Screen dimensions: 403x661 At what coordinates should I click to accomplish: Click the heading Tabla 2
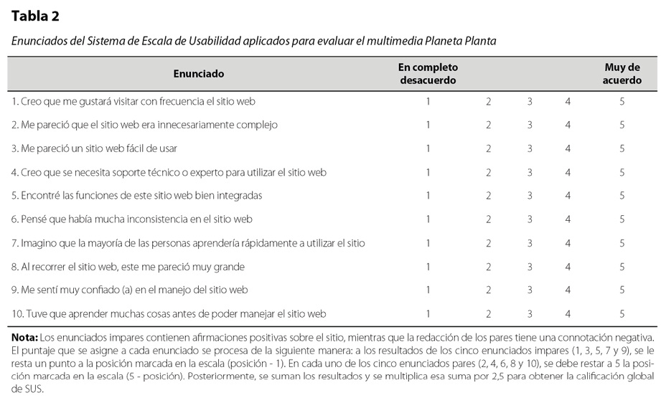click(x=35, y=16)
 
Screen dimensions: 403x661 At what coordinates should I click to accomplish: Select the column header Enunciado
click(x=199, y=73)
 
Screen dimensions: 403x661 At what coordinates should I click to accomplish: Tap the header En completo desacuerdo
click(x=428, y=73)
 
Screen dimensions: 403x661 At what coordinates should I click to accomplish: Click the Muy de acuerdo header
click(x=622, y=73)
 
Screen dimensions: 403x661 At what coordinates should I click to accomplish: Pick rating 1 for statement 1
click(x=428, y=101)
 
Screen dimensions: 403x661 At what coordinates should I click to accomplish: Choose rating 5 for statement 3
click(x=622, y=148)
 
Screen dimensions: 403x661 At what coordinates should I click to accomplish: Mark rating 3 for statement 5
click(x=530, y=196)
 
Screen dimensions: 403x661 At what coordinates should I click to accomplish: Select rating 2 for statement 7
click(x=488, y=243)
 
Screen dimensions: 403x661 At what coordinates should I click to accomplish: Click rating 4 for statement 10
click(x=568, y=314)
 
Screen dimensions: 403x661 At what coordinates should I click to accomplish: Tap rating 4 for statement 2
click(x=568, y=125)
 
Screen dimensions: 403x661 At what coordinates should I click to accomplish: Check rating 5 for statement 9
click(x=622, y=290)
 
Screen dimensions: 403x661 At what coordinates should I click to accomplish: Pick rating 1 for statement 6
click(x=428, y=219)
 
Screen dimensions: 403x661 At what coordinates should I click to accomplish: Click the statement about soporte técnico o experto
click(x=169, y=172)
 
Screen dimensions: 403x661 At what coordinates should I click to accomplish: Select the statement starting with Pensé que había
click(x=131, y=219)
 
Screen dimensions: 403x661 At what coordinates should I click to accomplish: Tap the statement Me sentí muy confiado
click(x=129, y=290)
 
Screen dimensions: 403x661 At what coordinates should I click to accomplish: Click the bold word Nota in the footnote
click(x=24, y=337)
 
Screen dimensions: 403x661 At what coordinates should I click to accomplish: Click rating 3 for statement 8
click(x=530, y=267)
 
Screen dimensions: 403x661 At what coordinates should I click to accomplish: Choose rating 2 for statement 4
click(x=488, y=172)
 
